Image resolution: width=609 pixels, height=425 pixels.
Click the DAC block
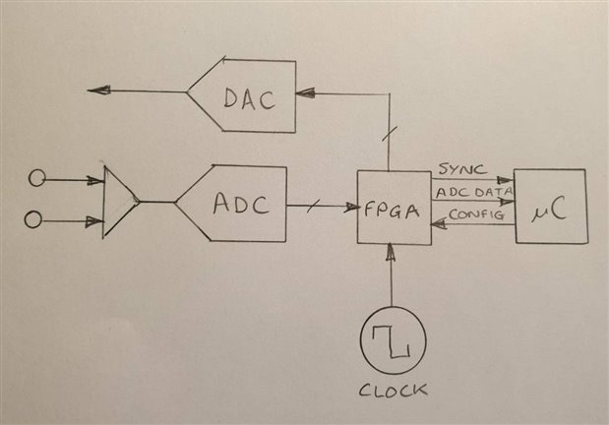[246, 96]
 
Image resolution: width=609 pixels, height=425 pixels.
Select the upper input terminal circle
[37, 178]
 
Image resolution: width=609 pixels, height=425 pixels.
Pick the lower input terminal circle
[33, 219]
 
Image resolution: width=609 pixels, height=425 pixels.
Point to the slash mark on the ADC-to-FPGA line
[317, 206]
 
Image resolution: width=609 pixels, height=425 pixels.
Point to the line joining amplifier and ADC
[157, 202]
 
